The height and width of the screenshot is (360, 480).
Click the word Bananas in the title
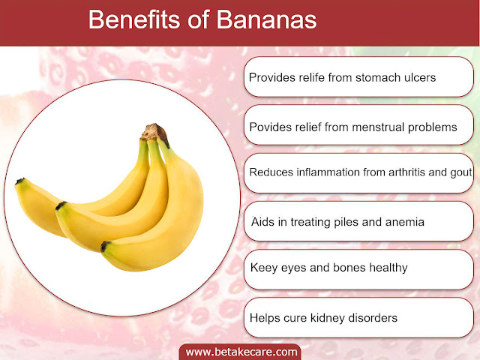[266, 20]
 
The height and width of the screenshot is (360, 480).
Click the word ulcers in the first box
[420, 77]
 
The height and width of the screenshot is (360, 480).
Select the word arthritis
[406, 172]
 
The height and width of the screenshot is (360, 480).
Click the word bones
[349, 268]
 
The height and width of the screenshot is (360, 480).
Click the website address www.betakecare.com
[241, 352]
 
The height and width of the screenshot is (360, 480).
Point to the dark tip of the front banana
[105, 247]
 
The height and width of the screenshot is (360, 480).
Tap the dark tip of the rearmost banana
[19, 181]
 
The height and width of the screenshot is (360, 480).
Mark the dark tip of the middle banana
[60, 205]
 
